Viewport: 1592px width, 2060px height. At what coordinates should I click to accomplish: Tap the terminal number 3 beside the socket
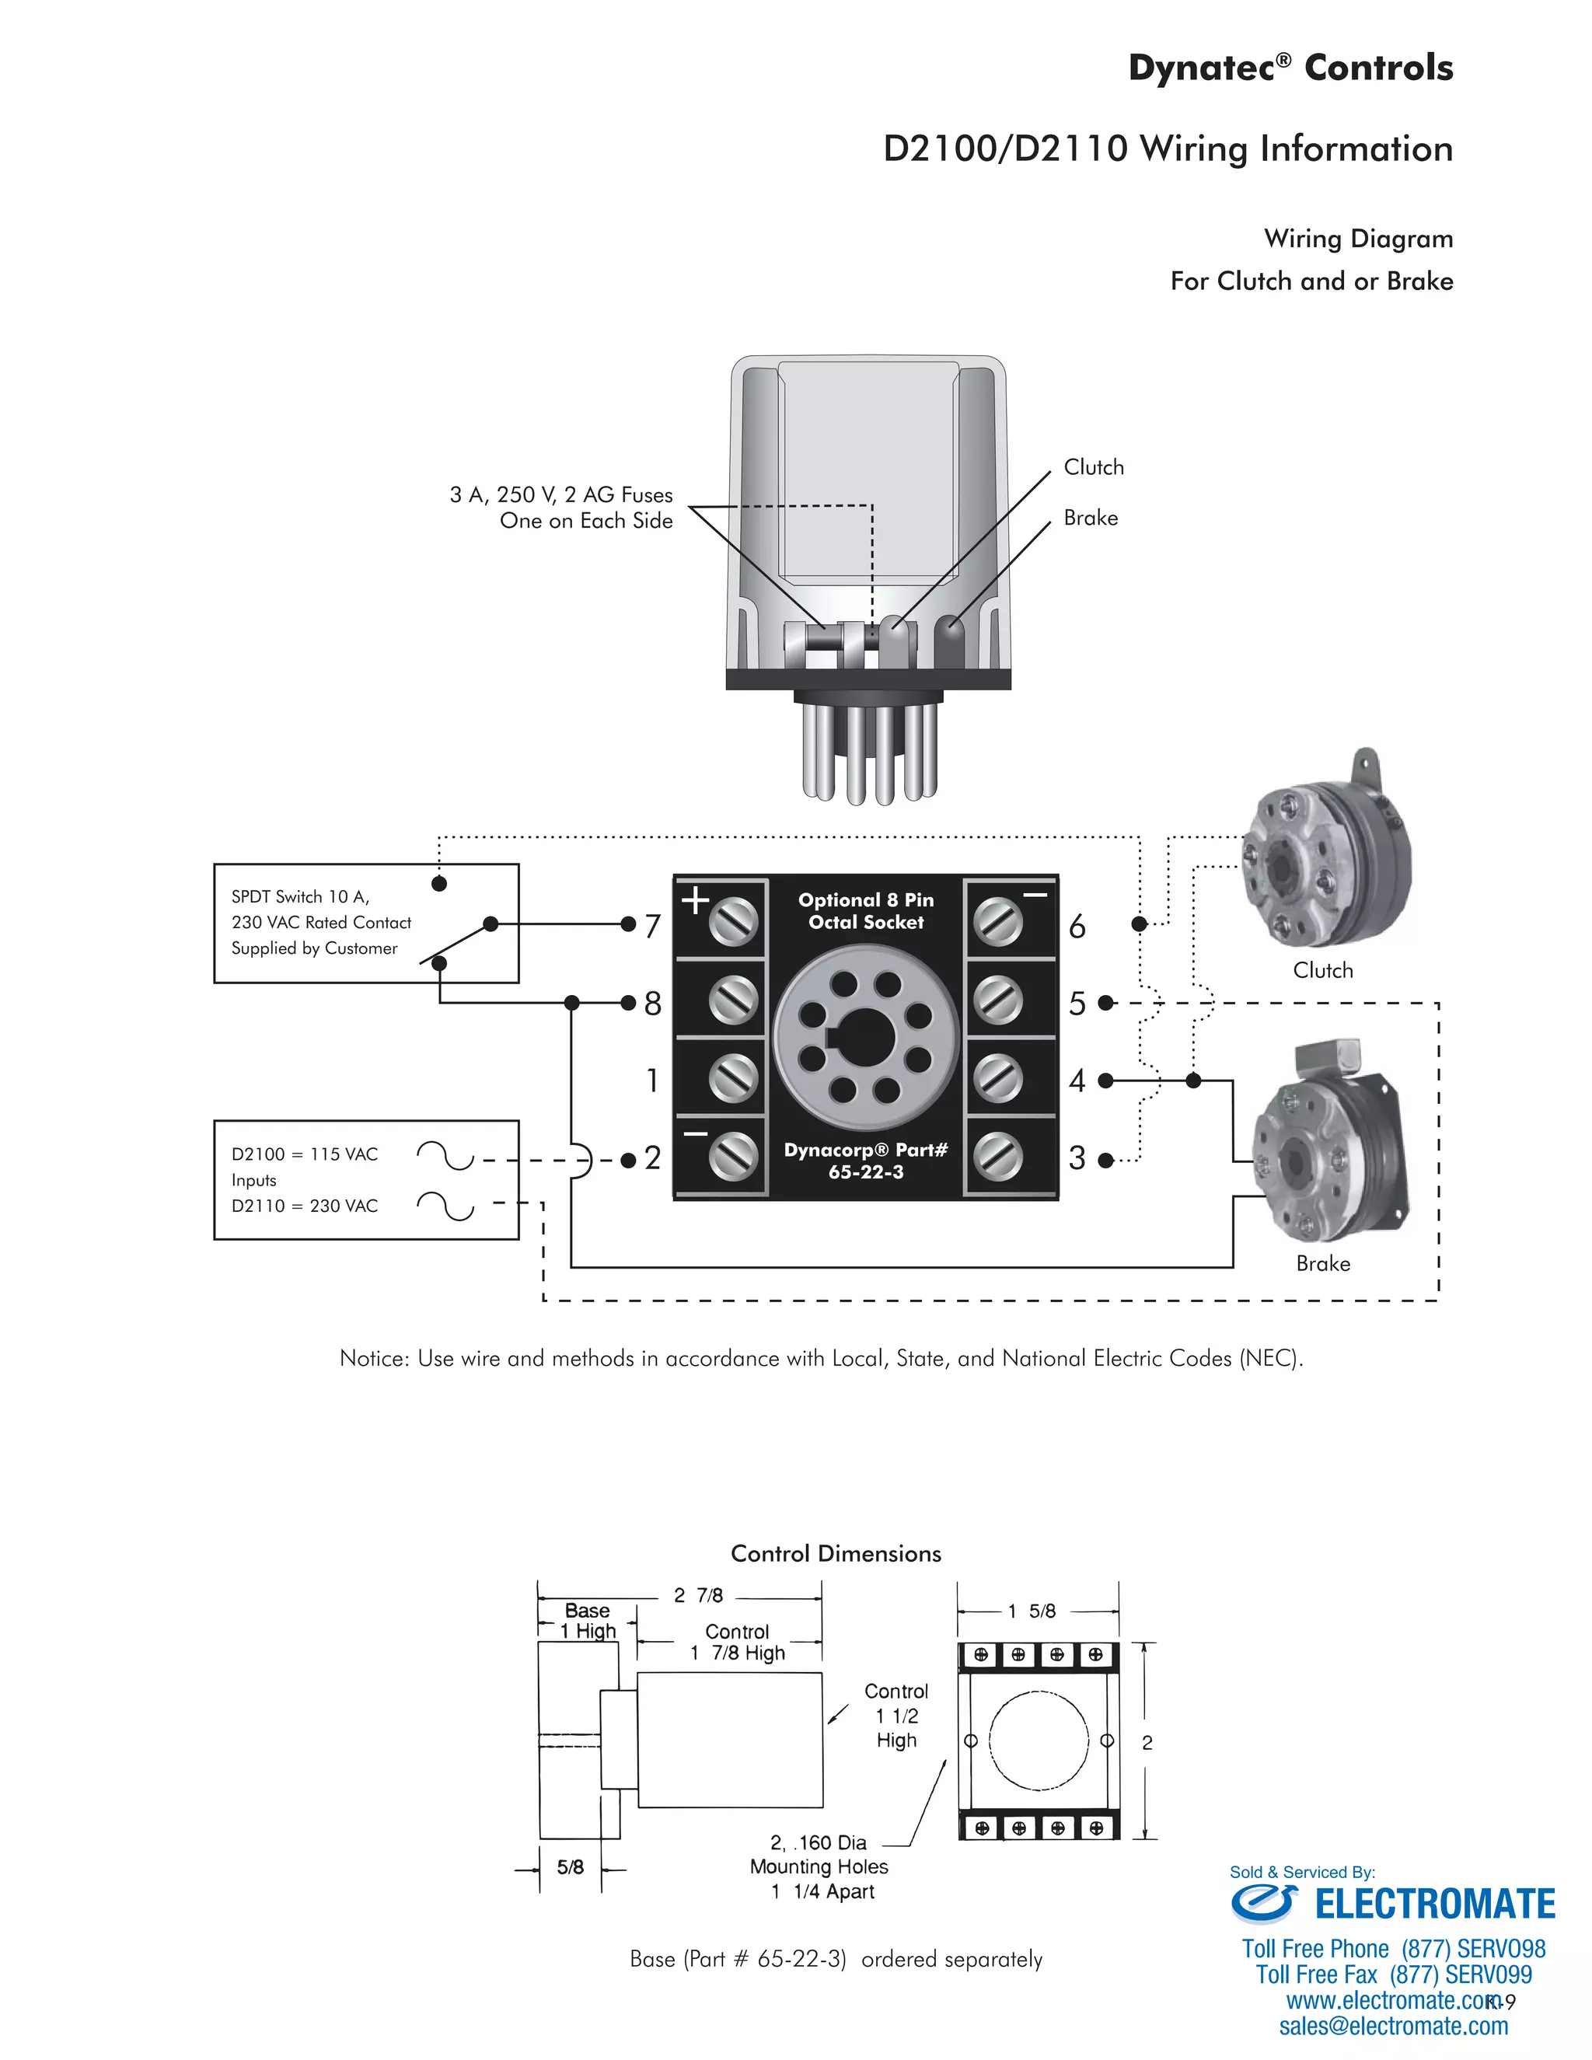click(1077, 1158)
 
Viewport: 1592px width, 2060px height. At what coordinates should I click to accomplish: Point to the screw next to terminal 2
click(733, 1157)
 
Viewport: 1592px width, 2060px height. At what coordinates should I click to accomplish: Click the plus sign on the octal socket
click(695, 900)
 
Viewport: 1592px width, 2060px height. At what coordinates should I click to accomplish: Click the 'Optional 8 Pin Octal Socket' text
click(866, 911)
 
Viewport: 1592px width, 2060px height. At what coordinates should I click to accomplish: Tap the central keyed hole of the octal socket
click(866, 1038)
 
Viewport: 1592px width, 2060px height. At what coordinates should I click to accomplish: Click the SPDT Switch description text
click(321, 923)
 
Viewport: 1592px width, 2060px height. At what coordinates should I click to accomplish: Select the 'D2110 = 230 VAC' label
click(305, 1206)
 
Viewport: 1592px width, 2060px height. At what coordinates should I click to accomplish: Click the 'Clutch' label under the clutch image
click(1322, 971)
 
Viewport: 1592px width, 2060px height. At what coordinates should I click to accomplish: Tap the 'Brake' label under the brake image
click(1322, 1264)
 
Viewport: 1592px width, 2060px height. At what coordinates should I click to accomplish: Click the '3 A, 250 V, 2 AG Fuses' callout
click(561, 495)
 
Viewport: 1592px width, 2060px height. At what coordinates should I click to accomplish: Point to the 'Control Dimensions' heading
click(836, 1553)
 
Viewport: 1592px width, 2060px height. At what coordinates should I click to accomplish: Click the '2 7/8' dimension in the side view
click(698, 1595)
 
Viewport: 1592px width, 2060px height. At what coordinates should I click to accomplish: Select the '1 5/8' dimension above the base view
click(1031, 1611)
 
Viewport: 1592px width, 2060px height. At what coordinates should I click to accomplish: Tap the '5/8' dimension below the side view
click(570, 1866)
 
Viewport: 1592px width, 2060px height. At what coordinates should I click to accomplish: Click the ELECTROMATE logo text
click(1433, 1905)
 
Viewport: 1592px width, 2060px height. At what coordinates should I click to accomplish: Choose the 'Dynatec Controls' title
click(1290, 68)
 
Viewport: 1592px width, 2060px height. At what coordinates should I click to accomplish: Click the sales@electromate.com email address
click(1393, 2026)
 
